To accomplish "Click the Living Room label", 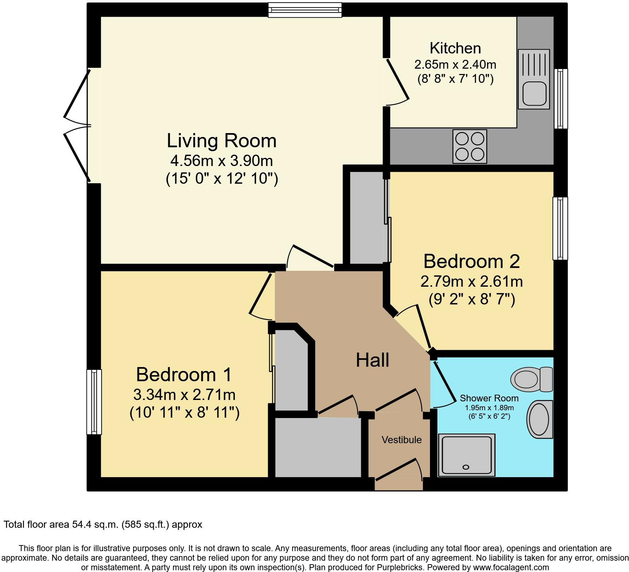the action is tap(222, 141).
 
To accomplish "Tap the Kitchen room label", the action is tap(455, 48).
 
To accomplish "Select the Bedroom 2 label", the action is tap(471, 262).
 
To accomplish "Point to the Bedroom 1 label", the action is tap(184, 374).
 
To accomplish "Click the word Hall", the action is tap(373, 360).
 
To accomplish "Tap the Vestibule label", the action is tap(402, 440).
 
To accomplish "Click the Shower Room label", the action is tap(489, 398).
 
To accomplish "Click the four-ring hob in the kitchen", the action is tap(470, 147).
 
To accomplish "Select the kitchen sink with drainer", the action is tap(534, 79).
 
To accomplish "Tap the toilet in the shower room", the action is tap(532, 379).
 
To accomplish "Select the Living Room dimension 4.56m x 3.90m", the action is tap(222, 161).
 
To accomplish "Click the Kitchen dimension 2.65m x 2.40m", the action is tap(455, 64).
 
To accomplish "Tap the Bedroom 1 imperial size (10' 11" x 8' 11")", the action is tap(185, 413).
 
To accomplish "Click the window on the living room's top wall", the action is tap(305, 10).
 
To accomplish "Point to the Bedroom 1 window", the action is tap(94, 402).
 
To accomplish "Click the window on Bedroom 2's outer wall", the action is tap(560, 228).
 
